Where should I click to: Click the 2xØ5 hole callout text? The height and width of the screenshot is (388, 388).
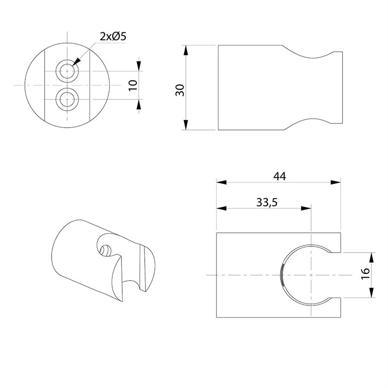113,37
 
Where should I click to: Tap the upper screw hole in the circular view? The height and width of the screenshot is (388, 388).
67,71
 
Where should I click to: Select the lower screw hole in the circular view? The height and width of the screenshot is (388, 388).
67,100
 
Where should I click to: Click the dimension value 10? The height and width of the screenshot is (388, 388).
133,85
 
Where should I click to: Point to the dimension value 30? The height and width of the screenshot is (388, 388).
180,90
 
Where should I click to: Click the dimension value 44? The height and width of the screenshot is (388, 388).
280,176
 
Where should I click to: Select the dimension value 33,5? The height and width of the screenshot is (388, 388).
267,203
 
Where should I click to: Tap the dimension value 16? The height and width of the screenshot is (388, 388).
366,274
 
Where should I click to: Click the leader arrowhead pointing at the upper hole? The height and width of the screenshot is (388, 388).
76,62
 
